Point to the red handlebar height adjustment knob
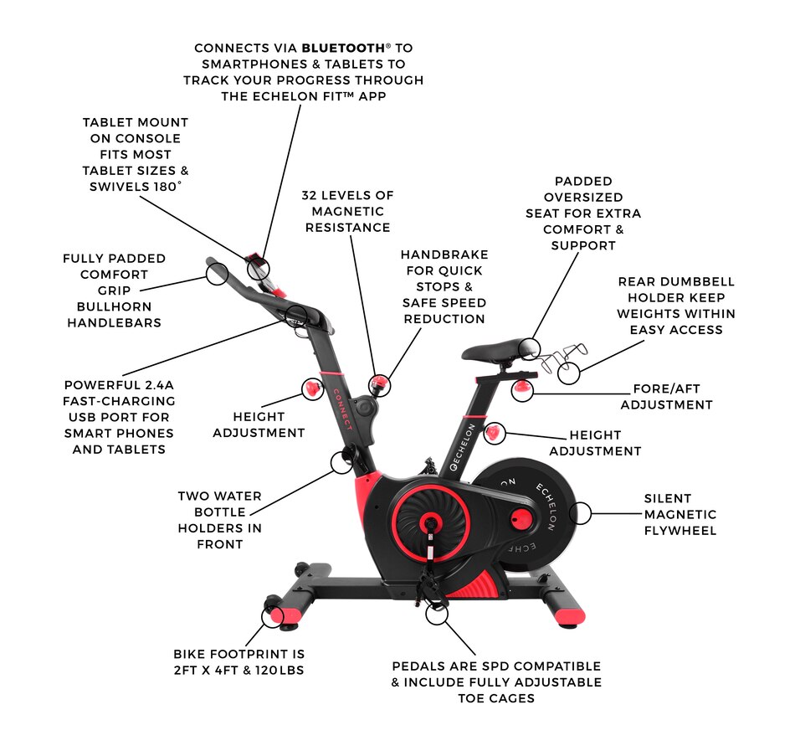coord(311,388)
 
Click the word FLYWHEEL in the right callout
coord(680,531)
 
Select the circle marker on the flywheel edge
coord(579,512)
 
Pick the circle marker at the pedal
coord(437,614)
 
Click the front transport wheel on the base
coord(274,605)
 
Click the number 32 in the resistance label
coord(312,195)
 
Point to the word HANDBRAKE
coord(444,255)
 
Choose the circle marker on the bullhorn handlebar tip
coord(217,272)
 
